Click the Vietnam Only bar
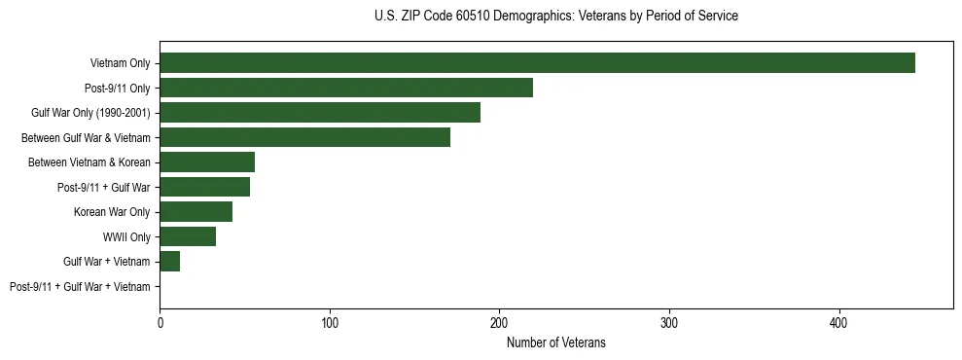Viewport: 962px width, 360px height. click(x=537, y=63)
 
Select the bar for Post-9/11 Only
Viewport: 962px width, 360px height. click(x=346, y=88)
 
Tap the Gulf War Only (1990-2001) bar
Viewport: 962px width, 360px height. click(x=320, y=113)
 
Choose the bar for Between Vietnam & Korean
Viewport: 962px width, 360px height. click(x=207, y=162)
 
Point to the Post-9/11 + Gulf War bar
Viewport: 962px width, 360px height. click(x=204, y=187)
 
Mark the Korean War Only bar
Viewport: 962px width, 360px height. click(x=196, y=212)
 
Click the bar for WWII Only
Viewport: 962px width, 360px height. click(x=188, y=236)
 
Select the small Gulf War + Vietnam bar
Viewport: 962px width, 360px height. click(x=169, y=262)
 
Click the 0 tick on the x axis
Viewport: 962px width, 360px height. click(x=160, y=322)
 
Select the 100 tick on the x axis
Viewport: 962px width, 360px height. click(x=330, y=322)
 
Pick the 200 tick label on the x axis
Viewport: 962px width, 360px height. click(x=499, y=322)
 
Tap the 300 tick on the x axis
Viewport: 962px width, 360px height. click(x=669, y=322)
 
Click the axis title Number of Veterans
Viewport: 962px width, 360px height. click(x=556, y=342)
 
